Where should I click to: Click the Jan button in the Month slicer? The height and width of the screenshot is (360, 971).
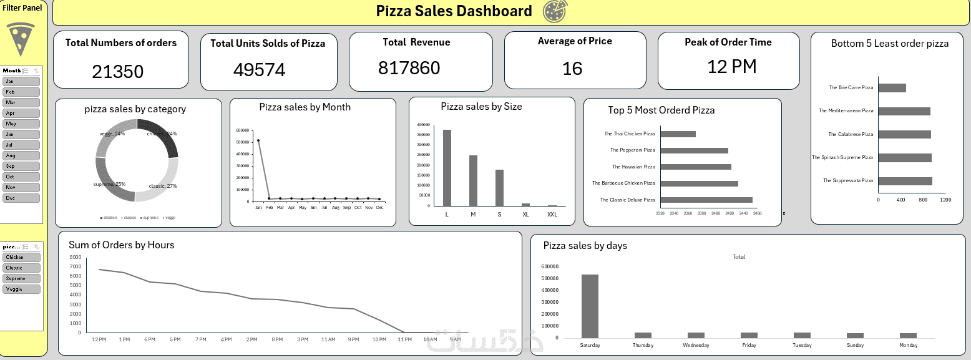pyautogui.click(x=21, y=81)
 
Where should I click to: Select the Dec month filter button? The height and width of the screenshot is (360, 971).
pyautogui.click(x=21, y=198)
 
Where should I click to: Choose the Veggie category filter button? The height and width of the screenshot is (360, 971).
pyautogui.click(x=21, y=289)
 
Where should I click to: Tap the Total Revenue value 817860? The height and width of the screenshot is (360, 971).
pyautogui.click(x=409, y=67)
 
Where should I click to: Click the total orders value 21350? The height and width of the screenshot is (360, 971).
pyautogui.click(x=117, y=72)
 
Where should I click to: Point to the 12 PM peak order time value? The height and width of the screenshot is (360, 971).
pyautogui.click(x=731, y=66)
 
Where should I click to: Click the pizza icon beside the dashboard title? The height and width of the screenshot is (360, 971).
pyautogui.click(x=555, y=11)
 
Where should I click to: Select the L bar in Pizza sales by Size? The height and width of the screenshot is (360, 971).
pyautogui.click(x=447, y=167)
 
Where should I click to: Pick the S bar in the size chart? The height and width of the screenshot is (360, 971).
pyautogui.click(x=499, y=187)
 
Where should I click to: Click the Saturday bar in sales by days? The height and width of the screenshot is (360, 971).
pyautogui.click(x=590, y=306)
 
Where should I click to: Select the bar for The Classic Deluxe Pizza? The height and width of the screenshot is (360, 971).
pyautogui.click(x=706, y=200)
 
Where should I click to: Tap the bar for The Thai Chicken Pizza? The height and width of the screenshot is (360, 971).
pyautogui.click(x=678, y=134)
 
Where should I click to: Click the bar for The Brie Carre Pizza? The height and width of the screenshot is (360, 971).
pyautogui.click(x=892, y=88)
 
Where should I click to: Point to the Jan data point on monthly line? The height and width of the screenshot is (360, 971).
pyautogui.click(x=258, y=140)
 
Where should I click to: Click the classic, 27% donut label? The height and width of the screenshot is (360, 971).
pyautogui.click(x=163, y=186)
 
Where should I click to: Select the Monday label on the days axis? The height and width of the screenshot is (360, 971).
pyautogui.click(x=908, y=345)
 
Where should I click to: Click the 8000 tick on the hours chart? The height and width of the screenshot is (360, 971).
pyautogui.click(x=75, y=257)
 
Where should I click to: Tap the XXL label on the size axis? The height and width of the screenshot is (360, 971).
pyautogui.click(x=552, y=214)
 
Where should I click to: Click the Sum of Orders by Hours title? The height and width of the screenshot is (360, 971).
pyautogui.click(x=121, y=245)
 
